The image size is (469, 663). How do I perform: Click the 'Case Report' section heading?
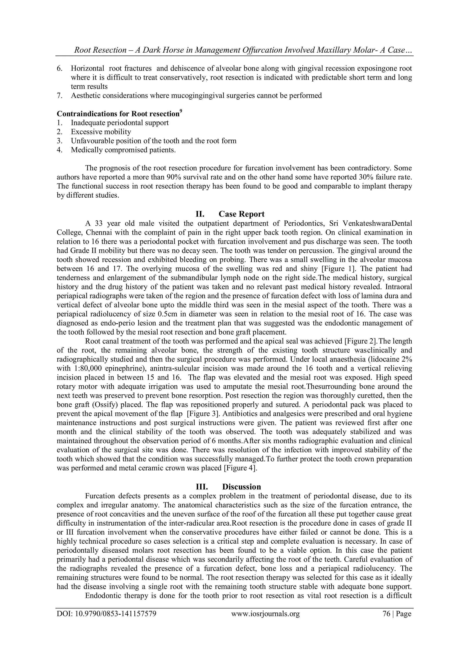click(241, 214)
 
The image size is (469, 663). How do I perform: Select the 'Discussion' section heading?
click(241, 487)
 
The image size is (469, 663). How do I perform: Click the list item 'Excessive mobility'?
click(101, 132)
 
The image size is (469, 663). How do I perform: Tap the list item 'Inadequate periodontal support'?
click(120, 123)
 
